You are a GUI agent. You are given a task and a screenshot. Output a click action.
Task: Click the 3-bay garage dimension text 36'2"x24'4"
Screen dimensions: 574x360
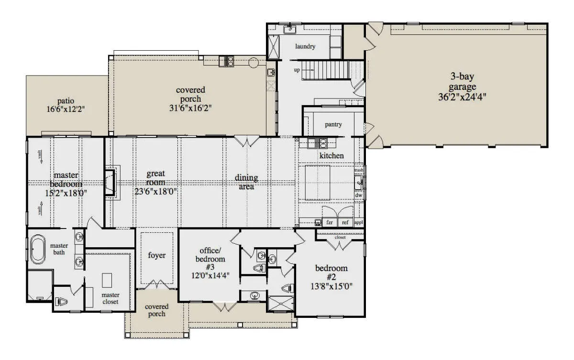click(462, 98)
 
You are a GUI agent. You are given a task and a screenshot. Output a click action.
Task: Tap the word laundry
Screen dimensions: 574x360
click(305, 46)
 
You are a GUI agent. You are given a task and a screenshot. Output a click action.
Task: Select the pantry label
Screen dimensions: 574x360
click(333, 124)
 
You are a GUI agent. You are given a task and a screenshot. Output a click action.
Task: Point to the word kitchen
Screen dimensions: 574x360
click(331, 155)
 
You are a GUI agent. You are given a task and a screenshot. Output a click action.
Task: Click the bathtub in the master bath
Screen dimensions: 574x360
click(38, 249)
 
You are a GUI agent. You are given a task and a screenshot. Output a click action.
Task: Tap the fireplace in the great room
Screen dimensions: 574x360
click(110, 183)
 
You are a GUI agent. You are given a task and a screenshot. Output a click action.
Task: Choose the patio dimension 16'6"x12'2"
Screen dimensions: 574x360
click(66, 109)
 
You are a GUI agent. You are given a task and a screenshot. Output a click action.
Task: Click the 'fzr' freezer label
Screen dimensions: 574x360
click(330, 222)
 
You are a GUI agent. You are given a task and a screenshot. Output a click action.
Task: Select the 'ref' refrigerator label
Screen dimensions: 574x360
click(345, 222)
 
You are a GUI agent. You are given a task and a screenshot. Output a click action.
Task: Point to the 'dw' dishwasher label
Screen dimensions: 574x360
click(358, 195)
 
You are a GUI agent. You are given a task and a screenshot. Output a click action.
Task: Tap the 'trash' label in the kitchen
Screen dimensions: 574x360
click(359, 170)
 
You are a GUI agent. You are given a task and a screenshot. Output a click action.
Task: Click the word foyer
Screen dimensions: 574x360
click(156, 255)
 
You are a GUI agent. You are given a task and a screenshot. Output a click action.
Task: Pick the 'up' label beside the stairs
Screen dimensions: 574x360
click(297, 70)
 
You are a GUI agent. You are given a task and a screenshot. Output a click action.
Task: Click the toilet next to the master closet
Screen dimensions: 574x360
click(61, 302)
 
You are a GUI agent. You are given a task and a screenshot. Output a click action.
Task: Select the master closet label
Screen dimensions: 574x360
click(110, 298)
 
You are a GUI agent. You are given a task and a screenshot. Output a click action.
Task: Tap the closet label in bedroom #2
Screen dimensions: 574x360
click(340, 237)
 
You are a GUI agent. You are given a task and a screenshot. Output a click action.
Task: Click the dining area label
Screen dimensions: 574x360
click(246, 182)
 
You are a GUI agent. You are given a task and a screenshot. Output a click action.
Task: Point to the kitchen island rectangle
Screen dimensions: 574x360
click(318, 183)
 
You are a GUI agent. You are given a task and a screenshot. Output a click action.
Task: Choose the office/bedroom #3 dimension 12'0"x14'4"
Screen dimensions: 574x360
click(210, 276)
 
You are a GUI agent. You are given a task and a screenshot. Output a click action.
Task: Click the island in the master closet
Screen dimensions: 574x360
click(107, 280)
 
